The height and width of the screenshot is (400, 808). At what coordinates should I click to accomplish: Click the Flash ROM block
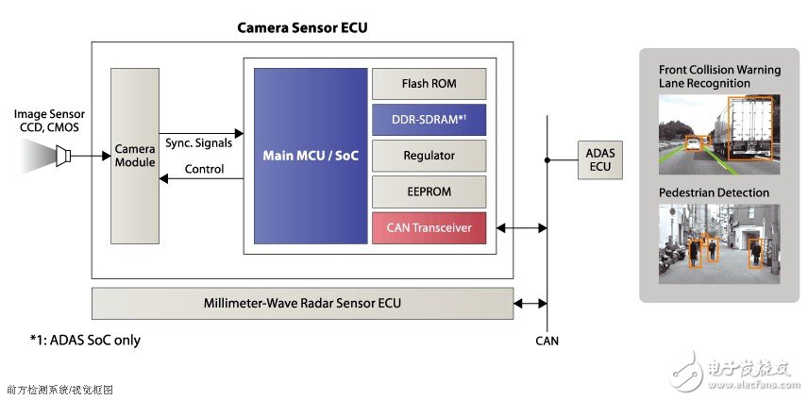coord(429,83)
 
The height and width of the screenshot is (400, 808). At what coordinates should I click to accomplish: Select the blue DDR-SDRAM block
coord(429,119)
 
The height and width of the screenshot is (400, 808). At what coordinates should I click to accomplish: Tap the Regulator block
coord(429,155)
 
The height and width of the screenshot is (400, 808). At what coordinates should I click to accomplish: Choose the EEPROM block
coord(429,191)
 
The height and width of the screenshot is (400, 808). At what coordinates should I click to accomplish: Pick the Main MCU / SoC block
coord(311,155)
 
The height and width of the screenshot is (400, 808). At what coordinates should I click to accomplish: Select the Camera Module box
coord(134,156)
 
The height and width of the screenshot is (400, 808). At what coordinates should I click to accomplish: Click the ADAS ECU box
coord(598,159)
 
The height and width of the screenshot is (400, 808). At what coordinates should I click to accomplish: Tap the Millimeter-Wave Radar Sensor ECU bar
coord(302,303)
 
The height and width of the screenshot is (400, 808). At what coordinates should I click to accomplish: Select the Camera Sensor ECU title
coord(301,27)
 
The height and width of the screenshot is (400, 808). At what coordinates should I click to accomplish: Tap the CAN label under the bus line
coord(547,341)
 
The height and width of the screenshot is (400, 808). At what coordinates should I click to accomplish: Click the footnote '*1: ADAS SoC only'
coord(86,339)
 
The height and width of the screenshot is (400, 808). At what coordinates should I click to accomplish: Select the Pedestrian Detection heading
coord(715,192)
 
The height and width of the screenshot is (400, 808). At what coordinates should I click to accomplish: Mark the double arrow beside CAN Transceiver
coord(520,227)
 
